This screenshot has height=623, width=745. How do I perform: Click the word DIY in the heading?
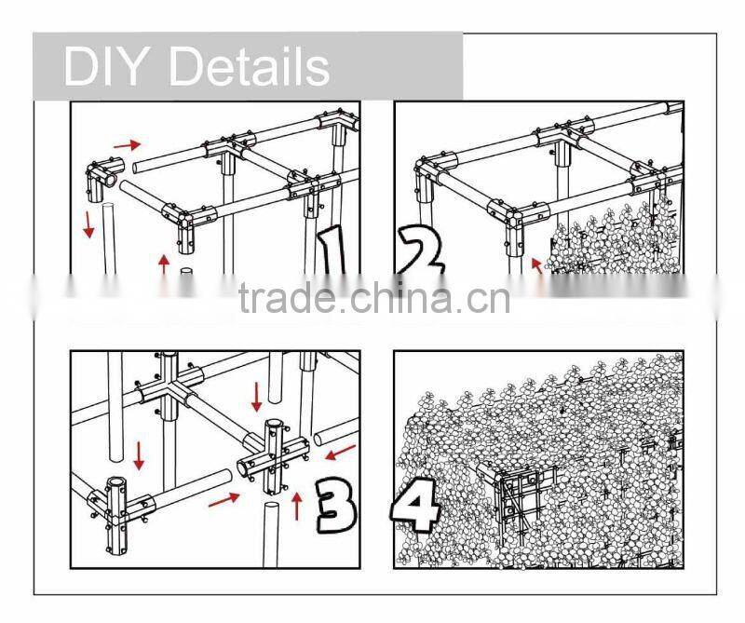tap(103, 66)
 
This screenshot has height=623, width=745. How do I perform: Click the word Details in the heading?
tap(249, 66)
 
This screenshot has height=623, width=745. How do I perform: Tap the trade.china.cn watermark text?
tap(374, 298)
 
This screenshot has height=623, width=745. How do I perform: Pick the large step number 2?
tap(421, 251)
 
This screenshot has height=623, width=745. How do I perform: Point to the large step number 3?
tap(335, 505)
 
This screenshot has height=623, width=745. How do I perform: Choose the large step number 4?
tap(414, 505)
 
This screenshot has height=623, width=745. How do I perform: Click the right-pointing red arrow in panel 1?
tap(127, 144)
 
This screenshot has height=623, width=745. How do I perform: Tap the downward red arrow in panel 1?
tap(88, 224)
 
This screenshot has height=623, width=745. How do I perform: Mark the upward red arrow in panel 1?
tap(164, 264)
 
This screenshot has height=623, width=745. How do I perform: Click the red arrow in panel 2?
tap(537, 265)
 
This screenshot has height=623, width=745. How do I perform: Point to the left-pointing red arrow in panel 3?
tap(340, 452)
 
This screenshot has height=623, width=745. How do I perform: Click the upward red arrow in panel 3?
tap(297, 506)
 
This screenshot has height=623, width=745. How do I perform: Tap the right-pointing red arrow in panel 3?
tap(223, 499)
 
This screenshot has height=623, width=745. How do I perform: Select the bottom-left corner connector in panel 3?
tap(116, 515)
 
